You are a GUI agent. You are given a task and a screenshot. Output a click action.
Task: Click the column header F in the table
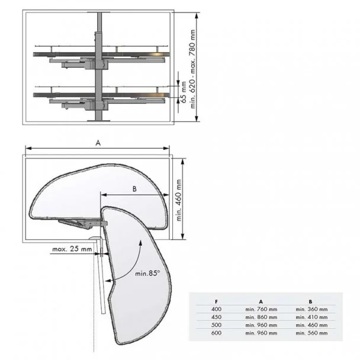[216, 301]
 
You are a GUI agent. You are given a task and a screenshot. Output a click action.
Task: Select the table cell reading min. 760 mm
[261, 309]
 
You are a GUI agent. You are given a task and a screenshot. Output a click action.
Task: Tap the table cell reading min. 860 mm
[261, 317]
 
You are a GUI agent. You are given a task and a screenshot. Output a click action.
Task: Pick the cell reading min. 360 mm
[311, 309]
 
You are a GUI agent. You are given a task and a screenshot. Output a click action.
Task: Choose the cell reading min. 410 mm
[311, 317]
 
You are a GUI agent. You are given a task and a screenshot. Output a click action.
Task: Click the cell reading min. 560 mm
[311, 333]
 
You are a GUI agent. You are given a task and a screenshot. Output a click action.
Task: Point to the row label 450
[216, 317]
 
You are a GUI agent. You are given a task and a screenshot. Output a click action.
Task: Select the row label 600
[216, 333]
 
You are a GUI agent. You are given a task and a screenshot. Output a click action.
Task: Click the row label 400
[216, 309]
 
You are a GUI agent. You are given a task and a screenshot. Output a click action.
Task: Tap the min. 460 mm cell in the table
[311, 325]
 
